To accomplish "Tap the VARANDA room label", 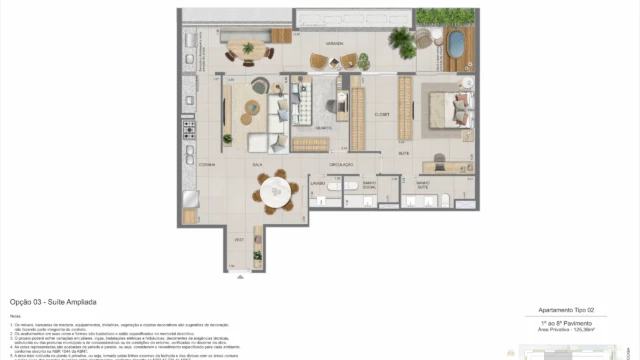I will pos(320,44).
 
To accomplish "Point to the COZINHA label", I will pos(206,163).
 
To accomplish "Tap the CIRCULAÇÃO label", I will pos(342,163).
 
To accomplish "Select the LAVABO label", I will pos(317,185).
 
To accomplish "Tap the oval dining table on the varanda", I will pos(246,49).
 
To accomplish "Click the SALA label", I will pos(257,163).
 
